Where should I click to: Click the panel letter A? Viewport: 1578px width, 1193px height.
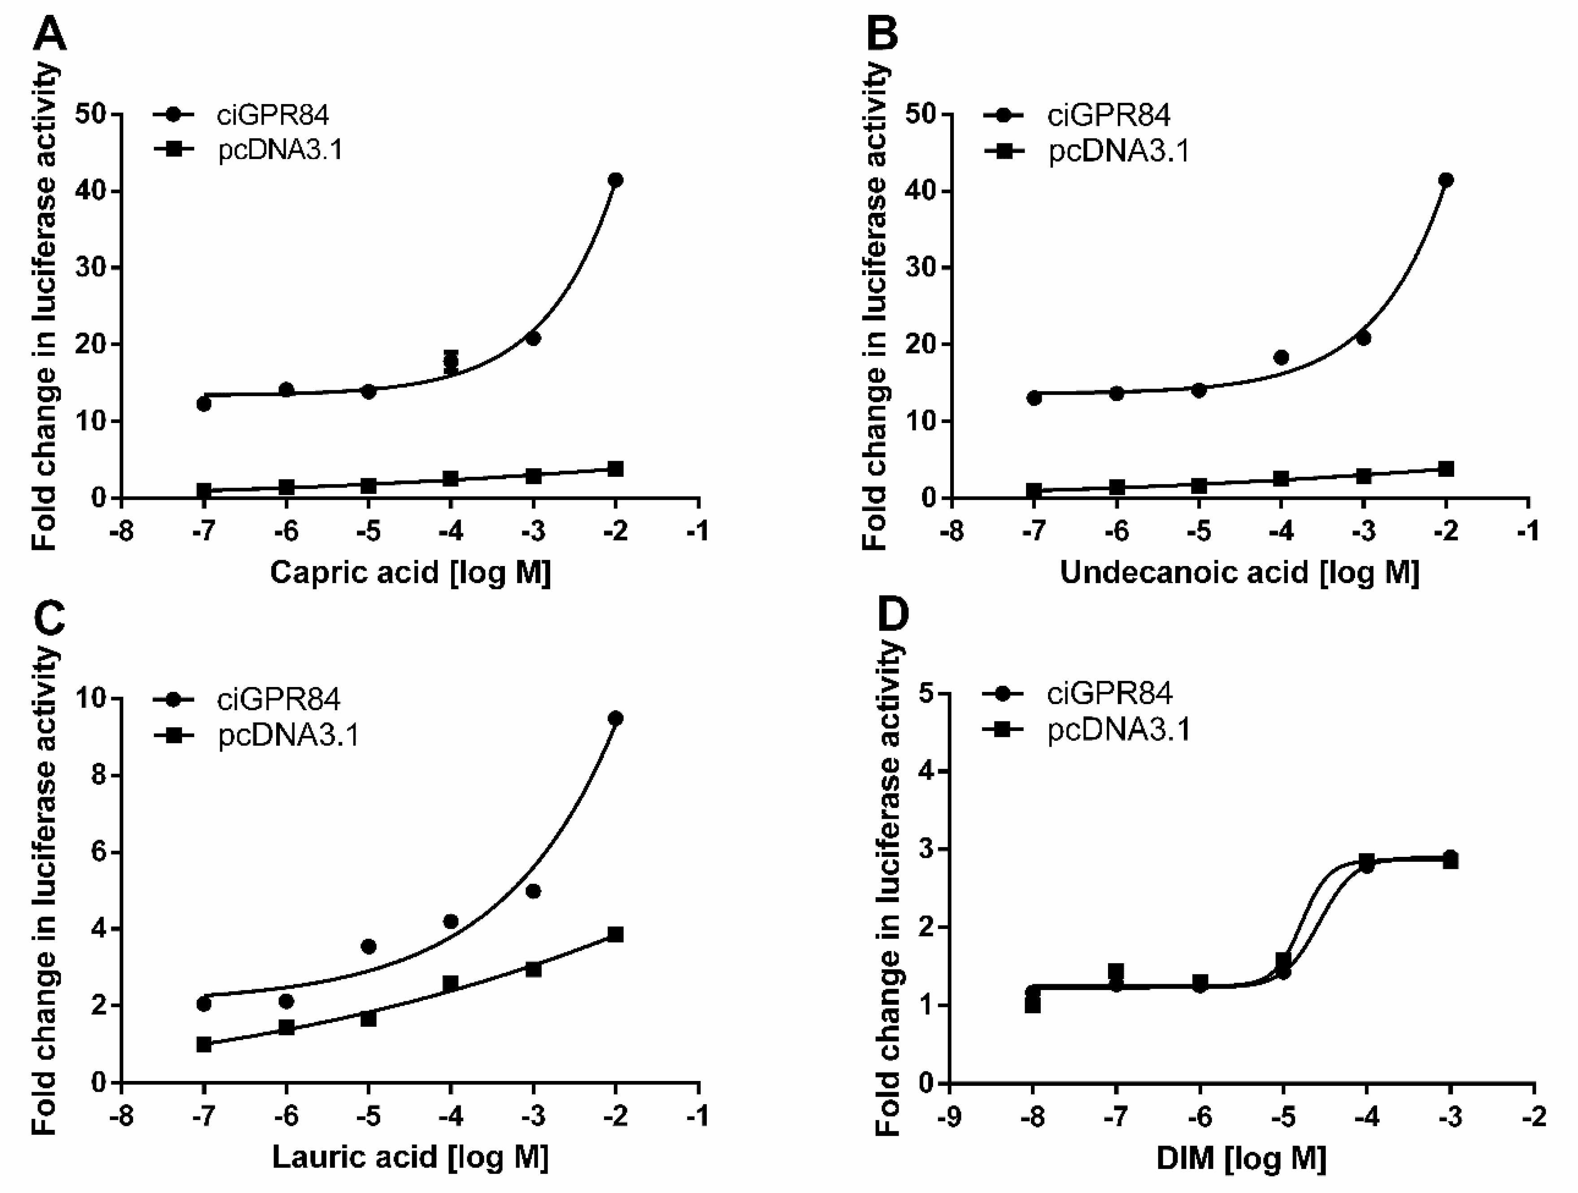tap(50, 34)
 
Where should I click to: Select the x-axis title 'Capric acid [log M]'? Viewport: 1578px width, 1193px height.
tap(410, 573)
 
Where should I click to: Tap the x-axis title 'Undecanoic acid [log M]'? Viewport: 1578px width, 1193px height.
tap(1240, 573)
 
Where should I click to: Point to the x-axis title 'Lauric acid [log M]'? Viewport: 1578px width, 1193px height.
tap(410, 1157)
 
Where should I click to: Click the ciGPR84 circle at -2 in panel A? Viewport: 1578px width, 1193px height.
tap(615, 180)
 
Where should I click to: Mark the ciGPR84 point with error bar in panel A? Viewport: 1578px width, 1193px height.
tap(451, 362)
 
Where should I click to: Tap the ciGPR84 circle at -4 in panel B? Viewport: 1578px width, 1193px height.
tap(1281, 357)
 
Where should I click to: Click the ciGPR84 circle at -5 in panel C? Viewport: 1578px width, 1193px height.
tap(369, 946)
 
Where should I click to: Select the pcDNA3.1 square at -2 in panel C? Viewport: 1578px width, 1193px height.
tap(615, 934)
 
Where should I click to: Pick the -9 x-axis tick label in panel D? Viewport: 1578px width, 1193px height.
tap(949, 1115)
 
